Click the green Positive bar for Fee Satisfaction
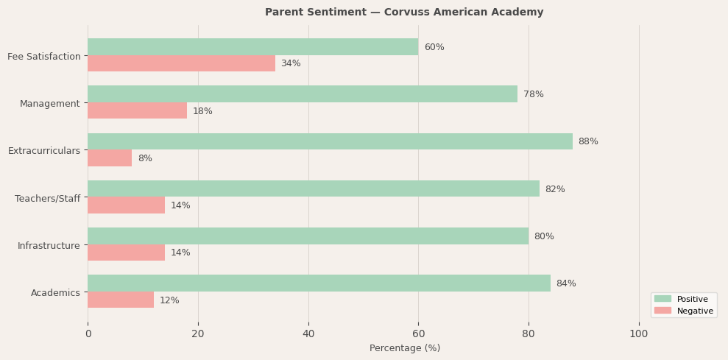[252, 47]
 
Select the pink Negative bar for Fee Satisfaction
[181, 64]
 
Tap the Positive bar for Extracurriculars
[330, 141]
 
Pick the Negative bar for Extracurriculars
[110, 158]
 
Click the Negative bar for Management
[137, 111]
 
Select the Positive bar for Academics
[319, 283]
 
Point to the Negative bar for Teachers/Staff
[126, 205]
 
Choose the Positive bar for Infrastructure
[308, 236]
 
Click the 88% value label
[588, 141]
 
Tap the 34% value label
[291, 64]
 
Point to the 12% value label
[169, 300]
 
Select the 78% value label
[534, 94]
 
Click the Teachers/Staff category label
[47, 198]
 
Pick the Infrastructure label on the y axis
[49, 245]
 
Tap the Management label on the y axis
[49, 104]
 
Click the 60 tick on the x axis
[418, 334]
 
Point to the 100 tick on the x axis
[639, 334]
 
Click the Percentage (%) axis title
[405, 348]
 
